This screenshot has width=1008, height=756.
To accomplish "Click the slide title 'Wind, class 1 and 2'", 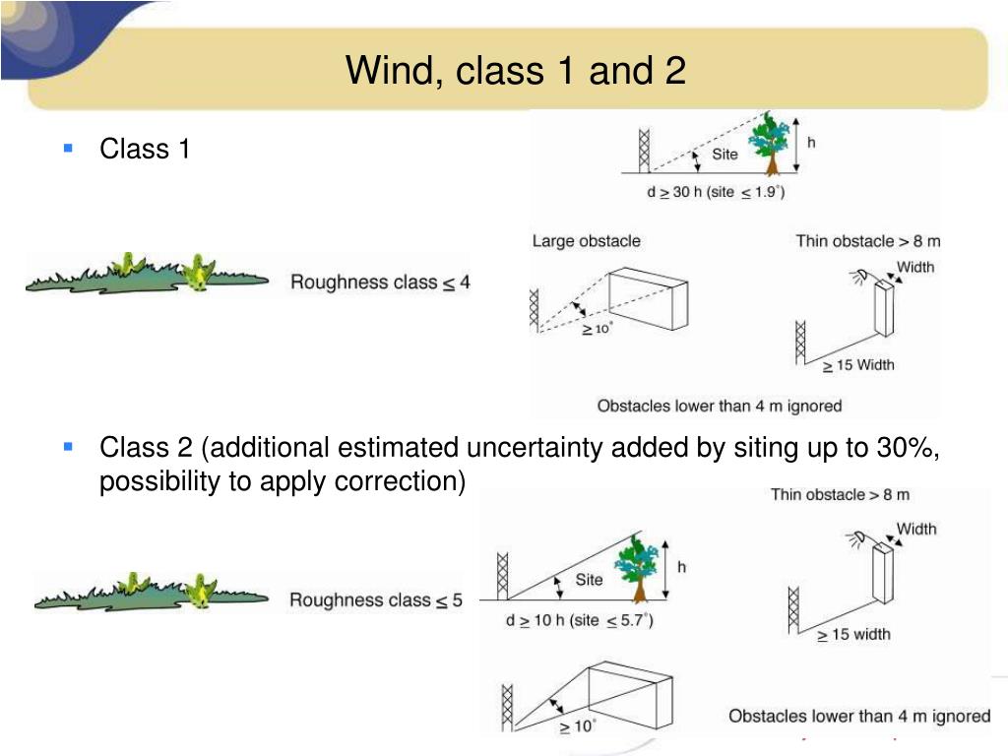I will pyautogui.click(x=515, y=71).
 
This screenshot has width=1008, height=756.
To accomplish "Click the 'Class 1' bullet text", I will pyautogui.click(x=145, y=150).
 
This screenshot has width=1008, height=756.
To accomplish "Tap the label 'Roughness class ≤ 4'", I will pyautogui.click(x=380, y=283).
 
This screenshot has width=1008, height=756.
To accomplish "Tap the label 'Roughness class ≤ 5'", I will pyautogui.click(x=375, y=599).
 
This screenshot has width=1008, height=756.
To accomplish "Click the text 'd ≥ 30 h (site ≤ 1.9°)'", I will pyautogui.click(x=715, y=192).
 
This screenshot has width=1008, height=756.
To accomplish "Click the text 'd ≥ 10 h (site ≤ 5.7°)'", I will pyautogui.click(x=579, y=620).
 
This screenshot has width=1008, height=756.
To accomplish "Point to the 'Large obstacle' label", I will pyautogui.click(x=586, y=241).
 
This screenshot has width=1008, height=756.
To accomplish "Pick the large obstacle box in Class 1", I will pyautogui.click(x=647, y=299).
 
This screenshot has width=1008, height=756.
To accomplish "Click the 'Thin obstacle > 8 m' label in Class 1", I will pyautogui.click(x=868, y=241).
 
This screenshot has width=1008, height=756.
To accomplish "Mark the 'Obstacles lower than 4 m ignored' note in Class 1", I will pyautogui.click(x=720, y=406).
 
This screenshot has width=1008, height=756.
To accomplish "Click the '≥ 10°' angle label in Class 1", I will pyautogui.click(x=596, y=330).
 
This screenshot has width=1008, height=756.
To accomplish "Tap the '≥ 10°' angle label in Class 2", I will pyautogui.click(x=577, y=726).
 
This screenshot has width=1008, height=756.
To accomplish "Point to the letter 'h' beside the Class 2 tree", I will pyautogui.click(x=681, y=567).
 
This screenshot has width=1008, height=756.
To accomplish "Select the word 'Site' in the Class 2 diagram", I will pyautogui.click(x=589, y=580).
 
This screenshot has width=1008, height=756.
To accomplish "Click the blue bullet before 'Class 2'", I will pyautogui.click(x=68, y=447).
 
